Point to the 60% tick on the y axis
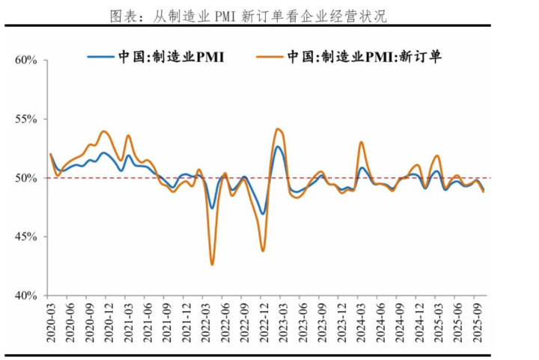click(x=26, y=60)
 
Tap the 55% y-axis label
click(x=26, y=119)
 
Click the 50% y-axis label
click(x=26, y=178)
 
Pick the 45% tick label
click(x=26, y=237)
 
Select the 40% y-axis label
click(x=26, y=296)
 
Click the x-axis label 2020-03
click(x=50, y=323)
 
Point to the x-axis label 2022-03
click(x=204, y=323)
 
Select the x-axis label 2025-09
click(x=475, y=323)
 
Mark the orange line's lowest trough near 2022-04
click(x=212, y=264)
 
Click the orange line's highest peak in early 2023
click(x=277, y=129)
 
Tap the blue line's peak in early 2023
click(x=278, y=146)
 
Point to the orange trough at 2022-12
click(x=263, y=250)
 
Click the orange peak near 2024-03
click(x=361, y=142)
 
